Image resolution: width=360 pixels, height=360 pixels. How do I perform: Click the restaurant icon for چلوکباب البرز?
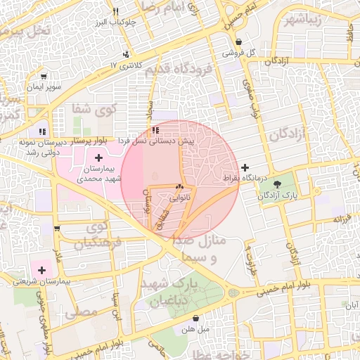click(x=115, y=12)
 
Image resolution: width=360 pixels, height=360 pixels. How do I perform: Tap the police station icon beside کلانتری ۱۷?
click(x=127, y=54)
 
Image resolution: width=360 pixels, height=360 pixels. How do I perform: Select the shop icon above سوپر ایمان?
click(x=44, y=77)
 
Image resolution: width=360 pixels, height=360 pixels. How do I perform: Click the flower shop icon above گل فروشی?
click(x=240, y=41)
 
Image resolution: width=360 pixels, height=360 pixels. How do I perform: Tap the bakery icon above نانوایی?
click(x=179, y=188)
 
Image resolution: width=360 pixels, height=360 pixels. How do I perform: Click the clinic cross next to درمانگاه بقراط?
click(x=245, y=168)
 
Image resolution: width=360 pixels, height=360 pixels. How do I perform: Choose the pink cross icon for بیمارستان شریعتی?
click(x=42, y=269)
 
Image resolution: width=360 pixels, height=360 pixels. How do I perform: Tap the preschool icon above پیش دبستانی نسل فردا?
click(x=155, y=129)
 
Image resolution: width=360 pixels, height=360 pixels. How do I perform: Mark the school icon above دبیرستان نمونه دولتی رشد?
click(x=42, y=131)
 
